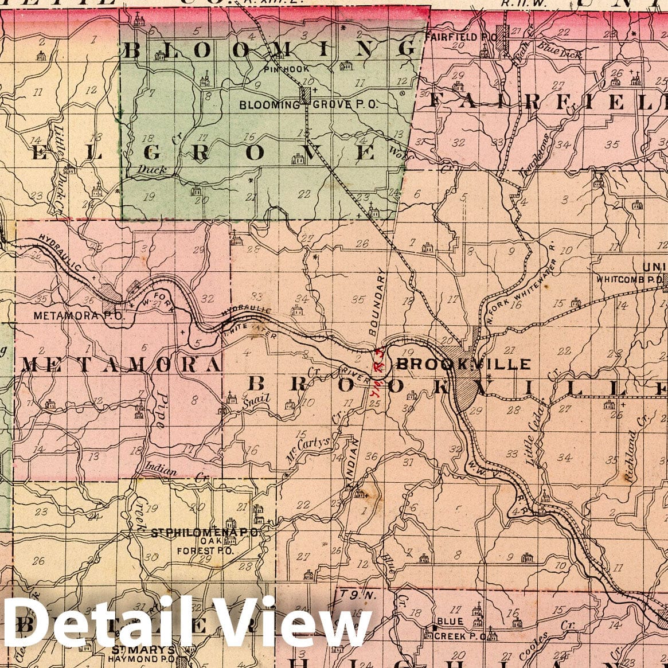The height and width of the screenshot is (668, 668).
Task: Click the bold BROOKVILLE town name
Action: coord(463,364)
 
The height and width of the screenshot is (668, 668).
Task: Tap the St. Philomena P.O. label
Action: coord(204,533)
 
